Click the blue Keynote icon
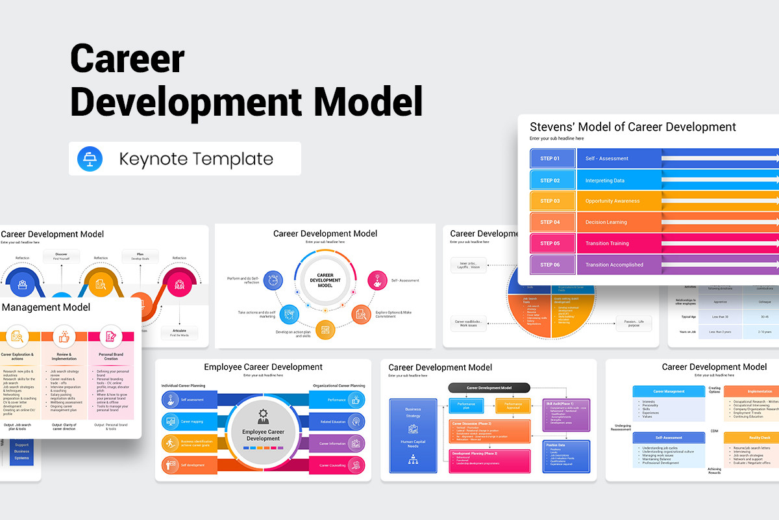(x=86, y=159)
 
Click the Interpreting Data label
(x=605, y=180)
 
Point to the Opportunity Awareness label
(x=612, y=201)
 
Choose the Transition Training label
(x=607, y=244)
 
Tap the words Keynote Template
(x=196, y=159)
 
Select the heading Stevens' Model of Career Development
(x=633, y=127)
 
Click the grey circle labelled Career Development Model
(x=325, y=281)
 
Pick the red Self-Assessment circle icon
(x=378, y=281)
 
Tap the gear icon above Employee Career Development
(x=263, y=413)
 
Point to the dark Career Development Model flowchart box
(x=489, y=388)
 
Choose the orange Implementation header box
(x=751, y=392)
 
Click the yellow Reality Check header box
(x=751, y=438)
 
